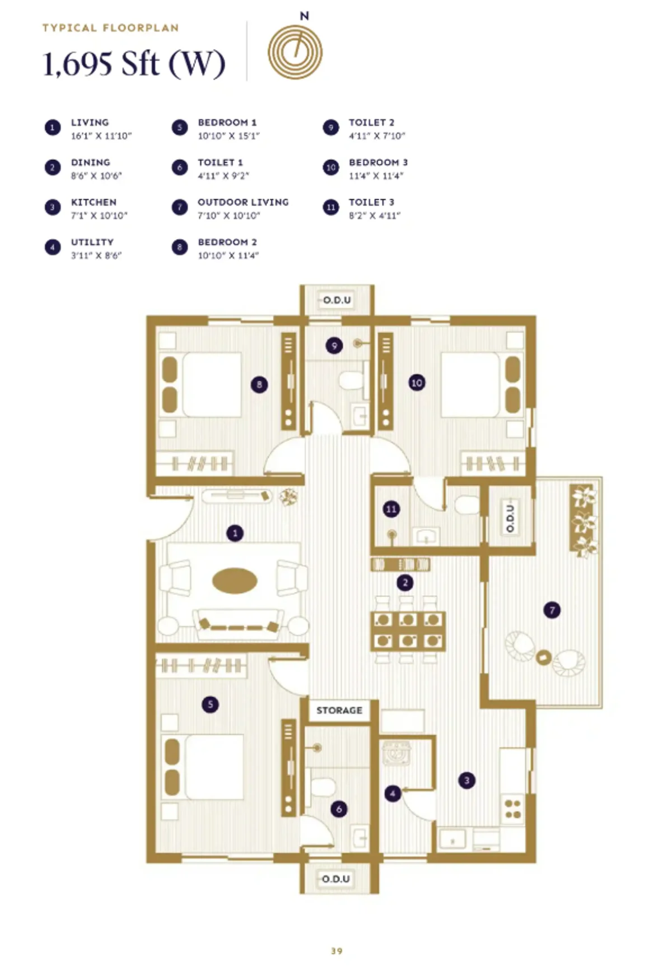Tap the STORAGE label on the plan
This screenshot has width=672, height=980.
coord(339,710)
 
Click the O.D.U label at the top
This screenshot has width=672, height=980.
coord(337,300)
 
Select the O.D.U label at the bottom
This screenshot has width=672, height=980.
coord(336,879)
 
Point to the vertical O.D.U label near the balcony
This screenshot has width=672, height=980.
coord(510,518)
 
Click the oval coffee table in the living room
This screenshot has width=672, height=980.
coord(235,581)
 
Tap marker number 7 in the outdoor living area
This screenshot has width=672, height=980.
coord(552,610)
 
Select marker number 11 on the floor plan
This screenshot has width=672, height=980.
coord(391,509)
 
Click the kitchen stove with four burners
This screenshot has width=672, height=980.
coord(512,809)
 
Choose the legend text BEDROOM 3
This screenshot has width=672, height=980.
coord(378,162)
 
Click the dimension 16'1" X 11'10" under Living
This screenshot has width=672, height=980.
coord(101,136)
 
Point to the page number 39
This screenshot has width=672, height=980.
coord(337,951)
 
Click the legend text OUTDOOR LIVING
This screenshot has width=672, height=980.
coord(243,202)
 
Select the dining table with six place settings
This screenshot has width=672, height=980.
coord(408,629)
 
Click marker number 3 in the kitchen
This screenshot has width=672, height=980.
coord(466,780)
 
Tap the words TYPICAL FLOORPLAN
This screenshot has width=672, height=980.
coord(110,28)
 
